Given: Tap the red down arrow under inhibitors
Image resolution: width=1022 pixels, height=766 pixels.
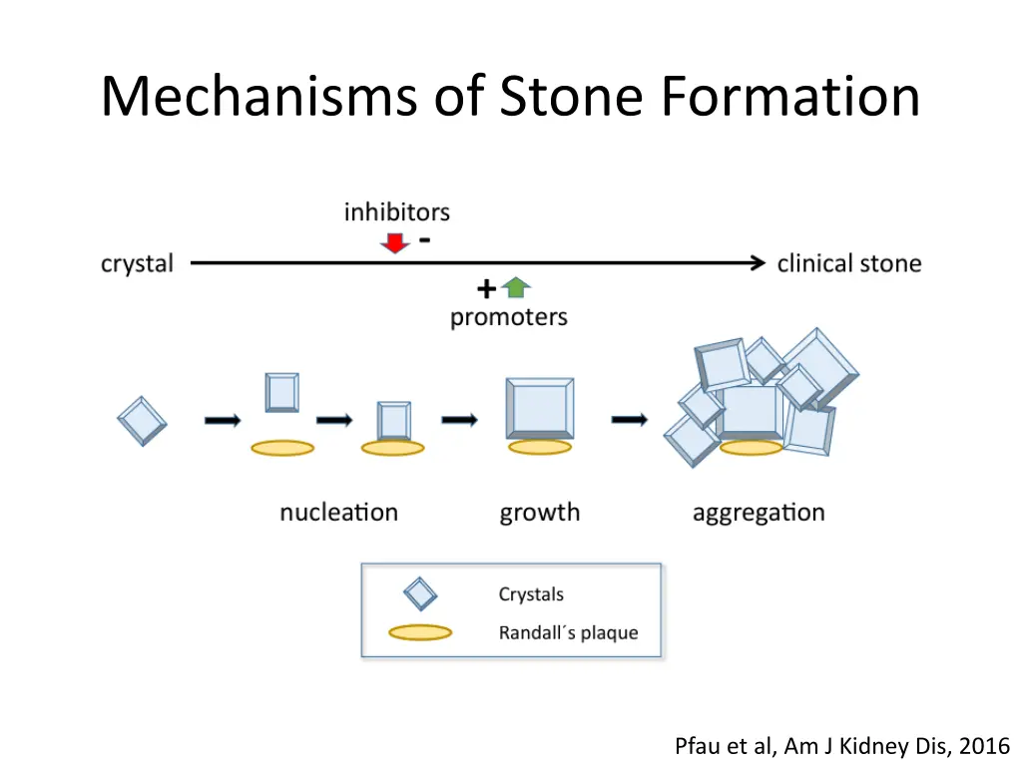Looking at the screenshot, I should [395, 241].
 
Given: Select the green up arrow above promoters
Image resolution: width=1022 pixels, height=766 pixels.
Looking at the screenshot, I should [516, 288].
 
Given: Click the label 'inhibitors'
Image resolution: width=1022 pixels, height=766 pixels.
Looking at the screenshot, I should [396, 212].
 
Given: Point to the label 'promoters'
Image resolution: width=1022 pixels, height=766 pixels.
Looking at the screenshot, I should [508, 317].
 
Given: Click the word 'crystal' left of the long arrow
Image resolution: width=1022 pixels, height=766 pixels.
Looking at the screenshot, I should [137, 264].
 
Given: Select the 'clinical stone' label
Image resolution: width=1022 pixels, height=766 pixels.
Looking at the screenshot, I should [848, 264].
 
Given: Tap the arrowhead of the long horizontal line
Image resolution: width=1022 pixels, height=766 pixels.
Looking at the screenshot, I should [758, 263].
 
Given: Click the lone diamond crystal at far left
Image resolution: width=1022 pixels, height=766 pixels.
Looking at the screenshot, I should [142, 420].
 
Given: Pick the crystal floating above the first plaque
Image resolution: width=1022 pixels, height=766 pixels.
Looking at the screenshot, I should [282, 392].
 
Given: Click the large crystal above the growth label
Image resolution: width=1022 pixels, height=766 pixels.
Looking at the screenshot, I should [539, 407].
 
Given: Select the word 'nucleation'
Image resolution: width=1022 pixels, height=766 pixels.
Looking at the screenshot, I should [338, 513].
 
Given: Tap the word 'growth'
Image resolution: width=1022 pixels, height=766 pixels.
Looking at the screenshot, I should [539, 514].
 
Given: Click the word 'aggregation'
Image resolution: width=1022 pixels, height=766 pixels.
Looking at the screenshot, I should [759, 514].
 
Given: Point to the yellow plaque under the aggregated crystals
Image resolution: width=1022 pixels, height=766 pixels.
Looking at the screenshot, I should [751, 448].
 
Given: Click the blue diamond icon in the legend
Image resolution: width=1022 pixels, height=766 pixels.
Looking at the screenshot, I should [420, 595].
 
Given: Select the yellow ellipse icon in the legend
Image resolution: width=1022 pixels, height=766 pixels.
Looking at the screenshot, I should [420, 632].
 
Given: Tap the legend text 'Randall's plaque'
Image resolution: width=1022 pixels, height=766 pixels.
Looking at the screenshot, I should [568, 633].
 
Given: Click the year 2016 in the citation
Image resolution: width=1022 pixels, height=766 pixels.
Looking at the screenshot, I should [988, 745].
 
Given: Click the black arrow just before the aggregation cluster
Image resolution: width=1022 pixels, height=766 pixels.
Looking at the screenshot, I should [629, 420].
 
